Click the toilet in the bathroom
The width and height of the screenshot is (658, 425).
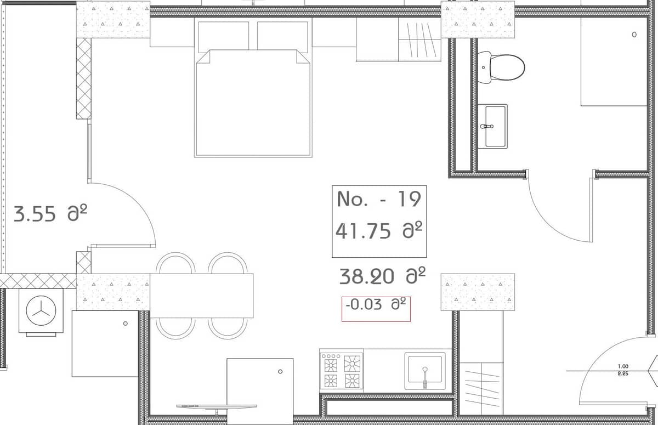pyautogui.click(x=501, y=67)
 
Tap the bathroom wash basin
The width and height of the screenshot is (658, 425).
pyautogui.click(x=492, y=126)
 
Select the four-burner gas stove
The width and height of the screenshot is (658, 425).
pyautogui.click(x=341, y=371)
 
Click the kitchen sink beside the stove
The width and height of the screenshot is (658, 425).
pyautogui.click(x=425, y=371)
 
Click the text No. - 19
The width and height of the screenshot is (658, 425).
pyautogui.click(x=378, y=199)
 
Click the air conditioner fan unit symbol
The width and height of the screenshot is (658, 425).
pyautogui.click(x=41, y=310)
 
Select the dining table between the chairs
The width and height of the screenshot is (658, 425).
pyautogui.click(x=202, y=296)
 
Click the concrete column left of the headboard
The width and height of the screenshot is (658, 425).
pyautogui.click(x=113, y=20)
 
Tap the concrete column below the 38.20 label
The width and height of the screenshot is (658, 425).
pyautogui.click(x=478, y=292)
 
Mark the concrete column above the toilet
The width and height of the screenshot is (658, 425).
pyautogui.click(x=478, y=20)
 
